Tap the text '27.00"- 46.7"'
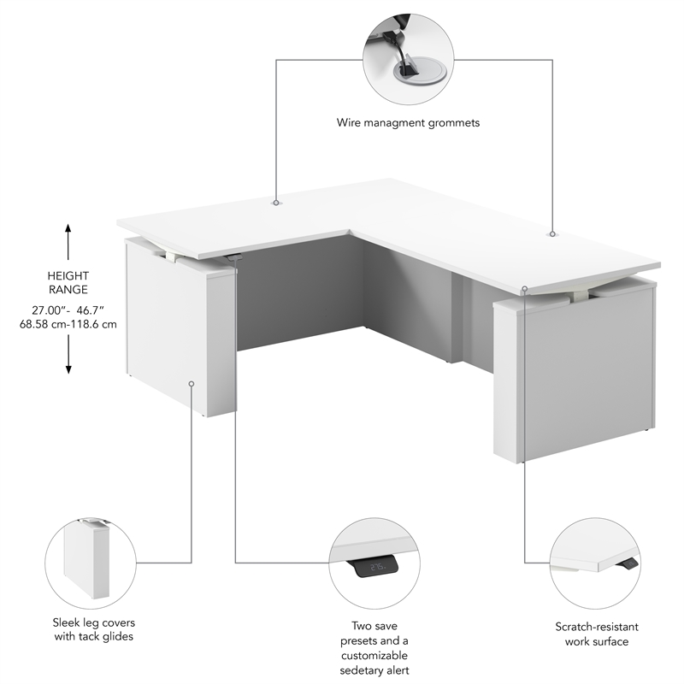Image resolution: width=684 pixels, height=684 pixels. (x=68, y=309)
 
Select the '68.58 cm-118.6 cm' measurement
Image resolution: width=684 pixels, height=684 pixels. (x=68, y=324)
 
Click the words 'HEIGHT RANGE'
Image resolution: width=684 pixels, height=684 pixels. (x=68, y=283)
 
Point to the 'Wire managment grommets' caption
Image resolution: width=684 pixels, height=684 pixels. (x=408, y=122)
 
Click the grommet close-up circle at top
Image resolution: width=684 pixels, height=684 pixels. (x=407, y=59)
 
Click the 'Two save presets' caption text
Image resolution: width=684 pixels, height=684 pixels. (x=374, y=626)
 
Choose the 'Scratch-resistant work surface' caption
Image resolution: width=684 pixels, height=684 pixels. (x=592, y=634)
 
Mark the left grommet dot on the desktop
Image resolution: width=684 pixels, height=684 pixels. (x=276, y=203)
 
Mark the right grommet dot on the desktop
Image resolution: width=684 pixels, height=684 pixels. (x=552, y=233)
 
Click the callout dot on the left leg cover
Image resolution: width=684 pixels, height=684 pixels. (x=192, y=383)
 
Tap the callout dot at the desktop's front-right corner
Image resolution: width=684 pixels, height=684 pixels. (x=524, y=289)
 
